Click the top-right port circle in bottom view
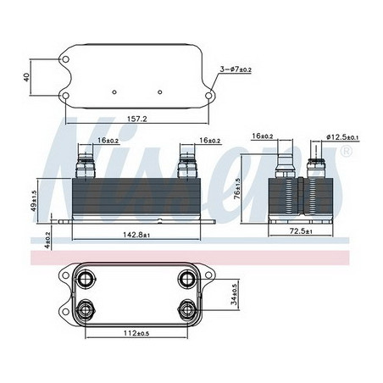[187, 280]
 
